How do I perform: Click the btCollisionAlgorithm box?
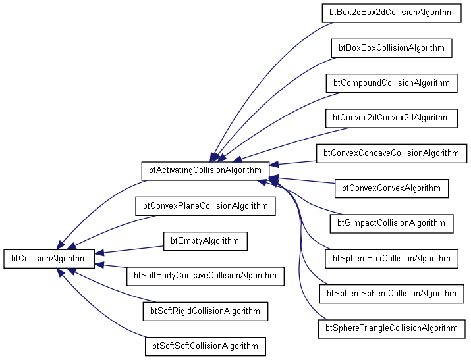pos(49,259)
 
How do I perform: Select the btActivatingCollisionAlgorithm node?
pos(205,170)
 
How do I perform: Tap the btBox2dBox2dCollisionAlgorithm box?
pos(391,13)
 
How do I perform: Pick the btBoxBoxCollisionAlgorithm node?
pos(391,48)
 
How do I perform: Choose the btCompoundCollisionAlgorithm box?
pos(391,83)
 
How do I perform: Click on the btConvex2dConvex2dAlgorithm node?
pos(391,118)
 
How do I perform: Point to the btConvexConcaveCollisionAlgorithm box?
pos(391,153)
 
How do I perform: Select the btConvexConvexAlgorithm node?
pos(391,188)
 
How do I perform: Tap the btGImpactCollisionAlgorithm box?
pos(391,223)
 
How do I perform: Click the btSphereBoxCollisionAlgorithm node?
pos(391,258)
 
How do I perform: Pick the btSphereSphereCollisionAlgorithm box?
pos(391,293)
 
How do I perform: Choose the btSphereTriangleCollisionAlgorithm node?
pos(391,328)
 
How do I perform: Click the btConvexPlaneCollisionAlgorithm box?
pos(205,206)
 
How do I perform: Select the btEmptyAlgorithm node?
pos(205,241)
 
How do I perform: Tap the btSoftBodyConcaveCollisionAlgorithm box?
pos(205,276)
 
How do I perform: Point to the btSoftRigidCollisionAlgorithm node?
pos(205,311)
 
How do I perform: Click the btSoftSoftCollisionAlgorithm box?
pos(205,346)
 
